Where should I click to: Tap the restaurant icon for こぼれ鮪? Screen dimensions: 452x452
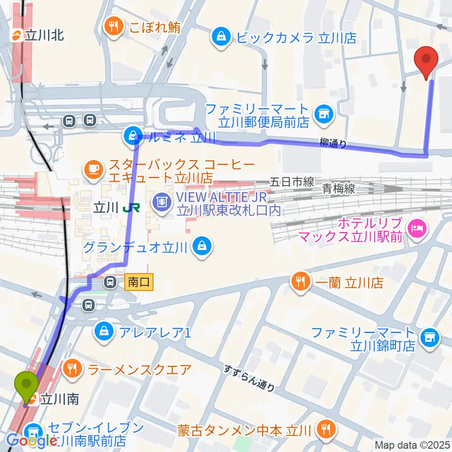point(113,26)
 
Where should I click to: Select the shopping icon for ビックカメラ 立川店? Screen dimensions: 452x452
point(220,37)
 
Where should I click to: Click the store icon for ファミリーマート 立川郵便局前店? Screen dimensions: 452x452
point(323,113)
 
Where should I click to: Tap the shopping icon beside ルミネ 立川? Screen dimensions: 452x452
point(130,137)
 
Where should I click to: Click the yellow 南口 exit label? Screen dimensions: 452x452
point(139,282)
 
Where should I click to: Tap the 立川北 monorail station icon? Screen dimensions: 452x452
point(17,34)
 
